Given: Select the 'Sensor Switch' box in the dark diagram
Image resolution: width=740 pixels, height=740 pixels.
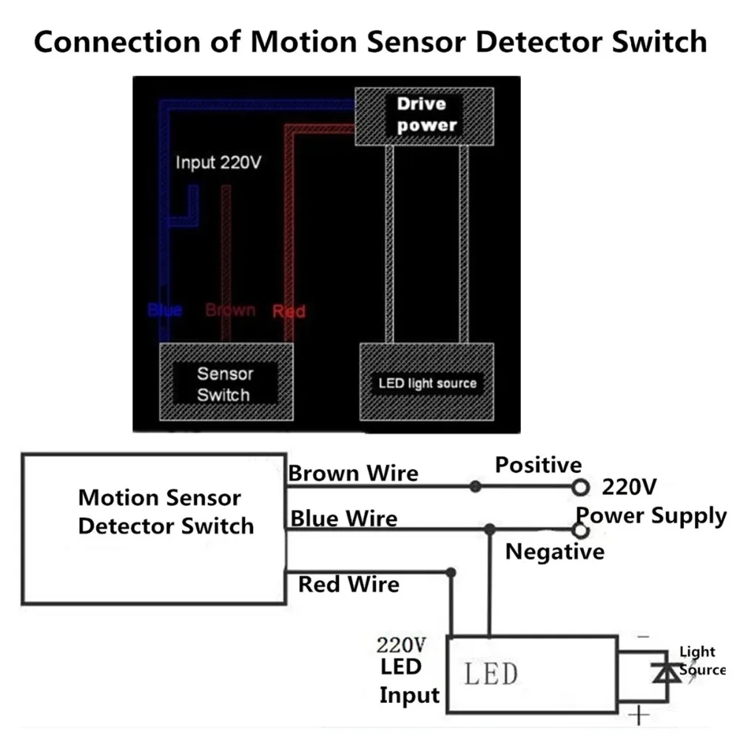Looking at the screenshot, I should coord(224,383).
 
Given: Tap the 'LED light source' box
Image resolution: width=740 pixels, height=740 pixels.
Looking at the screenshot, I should coord(427,383).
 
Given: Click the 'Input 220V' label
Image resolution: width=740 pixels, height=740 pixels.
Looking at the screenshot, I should coord(218,163).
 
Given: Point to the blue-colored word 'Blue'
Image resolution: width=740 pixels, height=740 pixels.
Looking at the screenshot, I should coord(164,310).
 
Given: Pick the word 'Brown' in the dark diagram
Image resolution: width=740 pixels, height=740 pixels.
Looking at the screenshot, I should coord(230,310).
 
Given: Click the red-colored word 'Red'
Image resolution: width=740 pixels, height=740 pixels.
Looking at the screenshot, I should coord(289,311).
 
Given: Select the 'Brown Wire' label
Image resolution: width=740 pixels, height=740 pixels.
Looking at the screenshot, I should coord(353,473).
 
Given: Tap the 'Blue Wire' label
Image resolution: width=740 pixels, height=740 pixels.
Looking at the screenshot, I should coord(343,518).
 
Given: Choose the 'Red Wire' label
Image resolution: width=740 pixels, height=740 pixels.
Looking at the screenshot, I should coord(348,585).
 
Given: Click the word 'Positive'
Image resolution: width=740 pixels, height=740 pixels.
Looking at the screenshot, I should coord(538,465).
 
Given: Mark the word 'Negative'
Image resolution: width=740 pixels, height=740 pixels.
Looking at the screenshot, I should coord(554,551).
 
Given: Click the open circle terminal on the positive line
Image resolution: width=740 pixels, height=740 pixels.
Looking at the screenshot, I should coord(582,487).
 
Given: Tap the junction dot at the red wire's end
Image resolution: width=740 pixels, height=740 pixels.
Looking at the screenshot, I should coord(451,572).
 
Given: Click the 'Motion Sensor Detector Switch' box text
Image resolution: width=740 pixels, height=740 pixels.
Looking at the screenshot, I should coord(166,511).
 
